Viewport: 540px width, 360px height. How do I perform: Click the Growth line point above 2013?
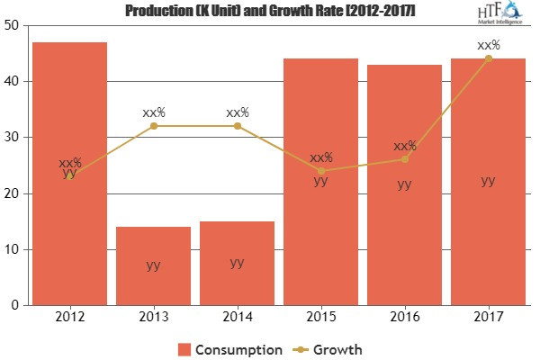[x=154, y=126]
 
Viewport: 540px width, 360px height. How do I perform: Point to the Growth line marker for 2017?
[x=488, y=58]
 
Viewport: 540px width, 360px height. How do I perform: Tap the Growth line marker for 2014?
[x=238, y=126]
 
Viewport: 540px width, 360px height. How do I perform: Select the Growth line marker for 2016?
[x=404, y=159]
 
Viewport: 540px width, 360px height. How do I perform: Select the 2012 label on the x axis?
[x=70, y=318]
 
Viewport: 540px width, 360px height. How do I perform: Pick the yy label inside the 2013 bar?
[x=154, y=265]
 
